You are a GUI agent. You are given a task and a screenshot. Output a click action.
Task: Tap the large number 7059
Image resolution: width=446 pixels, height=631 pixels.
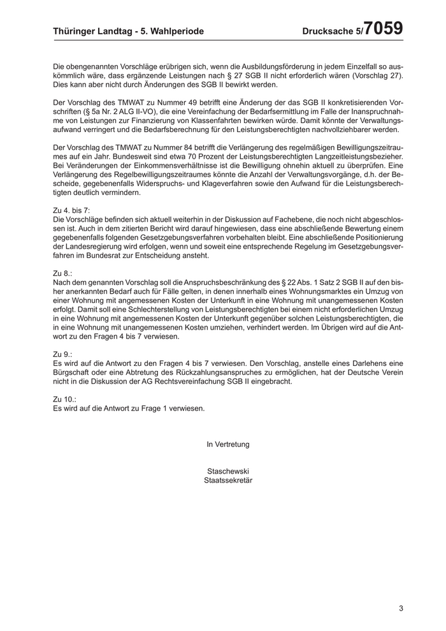pyautogui.click(x=384, y=29)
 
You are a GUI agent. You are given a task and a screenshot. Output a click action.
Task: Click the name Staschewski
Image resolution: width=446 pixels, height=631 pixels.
pyautogui.click(x=227, y=471)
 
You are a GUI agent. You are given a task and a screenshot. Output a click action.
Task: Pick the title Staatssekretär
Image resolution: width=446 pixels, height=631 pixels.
pyautogui.click(x=227, y=481)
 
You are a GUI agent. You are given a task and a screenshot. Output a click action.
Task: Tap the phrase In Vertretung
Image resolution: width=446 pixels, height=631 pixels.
pyautogui.click(x=227, y=444)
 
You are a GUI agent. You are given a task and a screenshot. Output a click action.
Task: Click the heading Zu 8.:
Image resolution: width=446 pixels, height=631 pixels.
pyautogui.click(x=62, y=273)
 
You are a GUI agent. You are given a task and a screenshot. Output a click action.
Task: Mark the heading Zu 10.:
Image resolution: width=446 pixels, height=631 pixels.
pyautogui.click(x=64, y=399)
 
